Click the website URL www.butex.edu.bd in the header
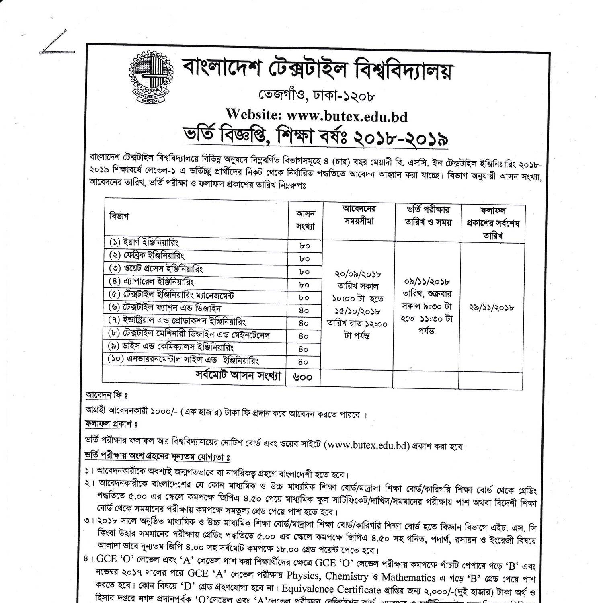click(x=347, y=116)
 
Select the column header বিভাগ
click(x=119, y=216)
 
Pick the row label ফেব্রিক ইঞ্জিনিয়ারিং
click(x=147, y=256)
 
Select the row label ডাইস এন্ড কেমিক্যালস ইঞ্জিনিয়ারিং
click(x=171, y=347)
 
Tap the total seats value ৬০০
click(x=303, y=377)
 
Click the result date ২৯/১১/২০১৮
click(x=492, y=308)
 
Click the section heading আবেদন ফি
click(x=106, y=396)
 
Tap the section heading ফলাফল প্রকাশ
click(x=111, y=424)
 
